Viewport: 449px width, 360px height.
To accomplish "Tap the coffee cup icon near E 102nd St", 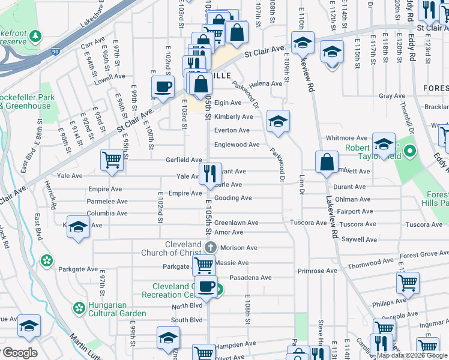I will [x=163, y=87].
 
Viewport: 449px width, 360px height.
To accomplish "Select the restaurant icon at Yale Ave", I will [x=208, y=174].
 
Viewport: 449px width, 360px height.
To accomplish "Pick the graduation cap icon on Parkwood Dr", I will [x=277, y=121].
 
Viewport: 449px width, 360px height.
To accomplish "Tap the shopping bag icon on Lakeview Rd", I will [x=326, y=162].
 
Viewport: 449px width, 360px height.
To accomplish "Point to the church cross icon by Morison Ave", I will [x=211, y=247].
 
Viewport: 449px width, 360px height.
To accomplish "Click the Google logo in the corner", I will [x=19, y=353].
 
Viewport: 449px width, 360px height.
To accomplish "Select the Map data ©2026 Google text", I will [x=411, y=355].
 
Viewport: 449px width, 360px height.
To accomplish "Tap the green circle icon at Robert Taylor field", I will [x=410, y=151].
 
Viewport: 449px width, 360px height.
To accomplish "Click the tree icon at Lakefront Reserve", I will [x=37, y=35].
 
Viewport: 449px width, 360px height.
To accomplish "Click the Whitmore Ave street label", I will [x=346, y=138].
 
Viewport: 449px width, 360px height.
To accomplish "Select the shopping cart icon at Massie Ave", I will [x=203, y=264].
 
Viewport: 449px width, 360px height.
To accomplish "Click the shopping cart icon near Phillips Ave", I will [x=408, y=281].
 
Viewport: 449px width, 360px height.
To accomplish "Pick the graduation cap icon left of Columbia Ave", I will [x=78, y=227].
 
